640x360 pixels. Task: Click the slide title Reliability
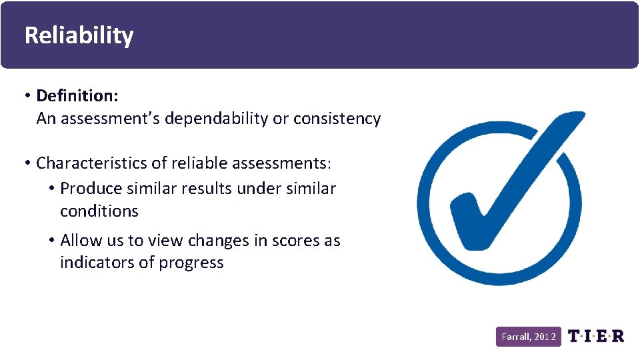pos(79,35)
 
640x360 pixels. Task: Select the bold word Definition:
pos(77,96)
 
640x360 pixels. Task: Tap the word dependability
pos(216,119)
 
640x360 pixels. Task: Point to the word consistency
pos(337,119)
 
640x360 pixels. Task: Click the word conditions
pos(99,211)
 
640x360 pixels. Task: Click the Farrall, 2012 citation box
pos(529,337)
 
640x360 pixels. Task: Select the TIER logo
pos(596,336)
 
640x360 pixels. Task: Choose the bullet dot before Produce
pos(51,189)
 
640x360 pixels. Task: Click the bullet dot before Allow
pos(51,240)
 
